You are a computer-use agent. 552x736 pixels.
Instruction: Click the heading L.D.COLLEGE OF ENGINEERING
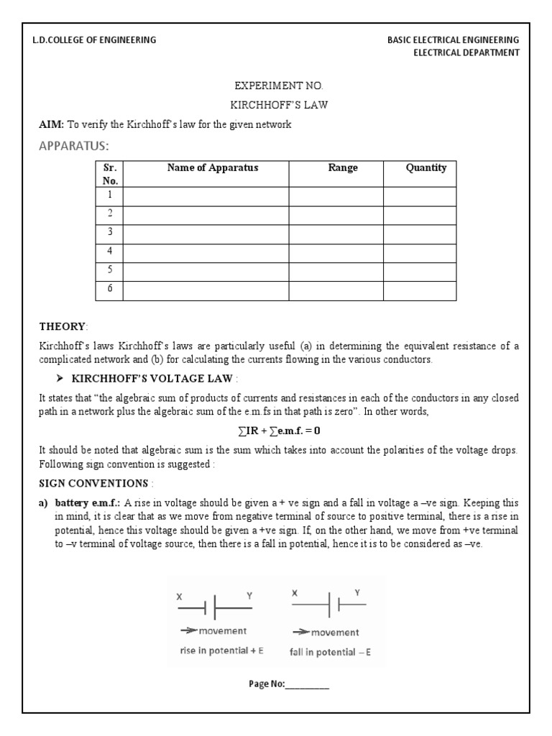[x=94, y=40]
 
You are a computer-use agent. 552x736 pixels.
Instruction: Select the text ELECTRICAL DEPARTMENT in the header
[x=466, y=53]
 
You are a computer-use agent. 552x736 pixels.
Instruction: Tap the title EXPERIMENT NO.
[x=276, y=86]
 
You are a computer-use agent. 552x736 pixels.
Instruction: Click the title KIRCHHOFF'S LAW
[x=276, y=105]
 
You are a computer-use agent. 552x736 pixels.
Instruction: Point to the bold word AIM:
[x=51, y=124]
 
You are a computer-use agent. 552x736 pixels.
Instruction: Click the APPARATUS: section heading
[x=73, y=146]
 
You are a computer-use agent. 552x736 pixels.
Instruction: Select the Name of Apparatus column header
[x=212, y=168]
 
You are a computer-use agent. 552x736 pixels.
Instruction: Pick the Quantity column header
[x=425, y=168]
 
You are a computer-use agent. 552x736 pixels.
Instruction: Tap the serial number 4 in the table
[x=110, y=251]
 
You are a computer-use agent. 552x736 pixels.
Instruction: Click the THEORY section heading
[x=62, y=326]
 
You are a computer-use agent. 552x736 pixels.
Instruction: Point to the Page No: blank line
[x=308, y=684]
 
